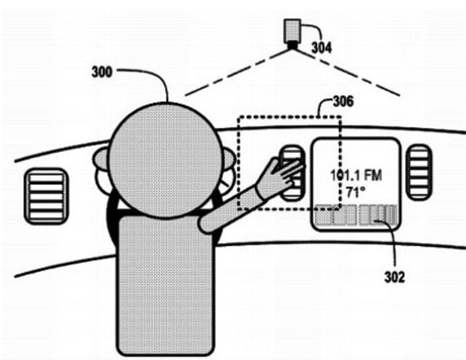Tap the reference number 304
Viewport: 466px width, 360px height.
tap(321, 47)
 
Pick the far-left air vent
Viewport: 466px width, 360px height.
tap(48, 196)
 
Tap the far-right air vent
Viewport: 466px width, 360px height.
tap(419, 172)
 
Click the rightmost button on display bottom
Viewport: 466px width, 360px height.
tap(386, 215)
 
